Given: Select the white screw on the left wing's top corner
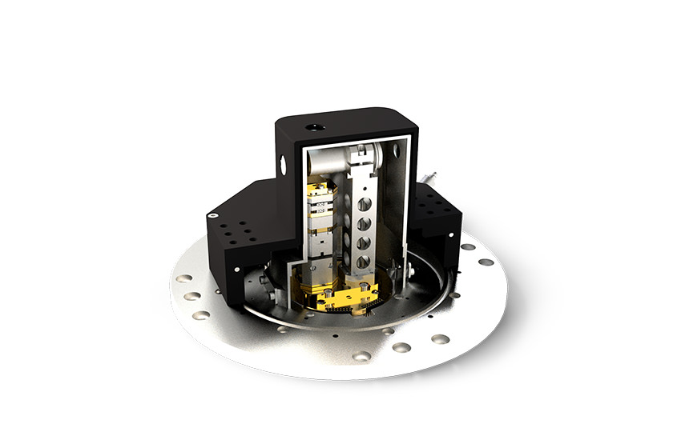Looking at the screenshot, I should [212, 214].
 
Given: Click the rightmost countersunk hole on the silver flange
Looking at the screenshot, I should [486, 262].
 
